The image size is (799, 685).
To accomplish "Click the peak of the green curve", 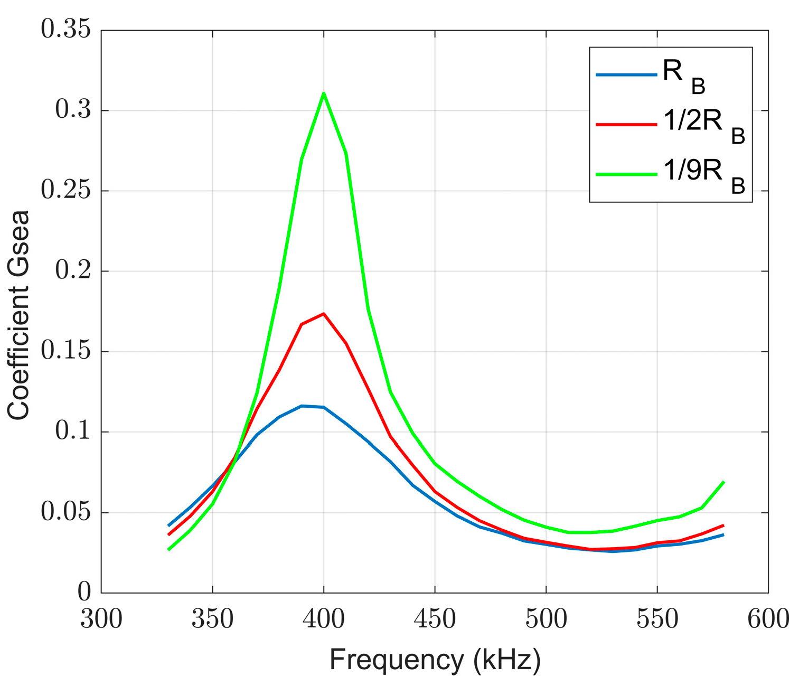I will click(x=323, y=93).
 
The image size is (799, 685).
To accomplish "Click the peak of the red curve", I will click(x=323, y=314).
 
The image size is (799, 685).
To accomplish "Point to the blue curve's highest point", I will click(x=302, y=406).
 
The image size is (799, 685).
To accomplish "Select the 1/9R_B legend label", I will click(x=703, y=176).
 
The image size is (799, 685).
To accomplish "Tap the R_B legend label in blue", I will click(x=684, y=77).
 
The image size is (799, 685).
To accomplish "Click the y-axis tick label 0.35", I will click(x=65, y=31).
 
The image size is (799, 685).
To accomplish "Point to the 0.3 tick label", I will click(x=72, y=111).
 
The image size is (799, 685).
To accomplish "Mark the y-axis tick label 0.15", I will click(x=65, y=352).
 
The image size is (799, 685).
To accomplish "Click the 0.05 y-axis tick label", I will click(x=65, y=513).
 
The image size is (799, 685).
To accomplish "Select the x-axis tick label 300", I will click(x=101, y=618).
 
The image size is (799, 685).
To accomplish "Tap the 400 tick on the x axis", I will click(x=324, y=618).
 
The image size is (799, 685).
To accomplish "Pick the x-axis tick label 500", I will click(x=546, y=618).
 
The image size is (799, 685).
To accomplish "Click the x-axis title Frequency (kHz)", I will click(x=435, y=660).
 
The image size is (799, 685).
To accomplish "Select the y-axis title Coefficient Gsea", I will click(x=19, y=315).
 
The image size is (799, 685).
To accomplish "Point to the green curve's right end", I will click(x=723, y=482).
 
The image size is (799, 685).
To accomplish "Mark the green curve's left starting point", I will click(x=168, y=550).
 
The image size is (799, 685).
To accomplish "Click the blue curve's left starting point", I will click(x=168, y=526).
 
